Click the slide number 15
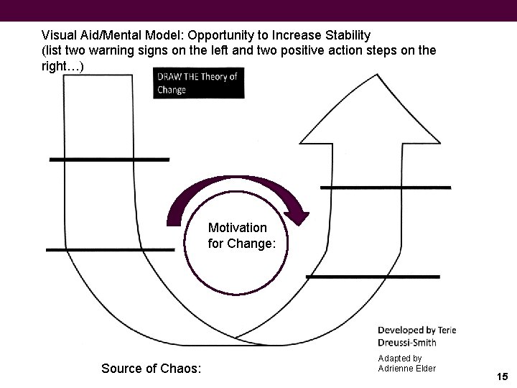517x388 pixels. tap(502, 377)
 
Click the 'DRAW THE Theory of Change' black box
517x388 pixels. tap(199, 83)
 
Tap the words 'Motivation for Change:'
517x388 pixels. tap(242, 236)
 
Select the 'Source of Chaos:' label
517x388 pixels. tap(152, 369)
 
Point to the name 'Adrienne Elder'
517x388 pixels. tap(406, 369)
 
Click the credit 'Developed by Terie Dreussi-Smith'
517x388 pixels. tap(417, 336)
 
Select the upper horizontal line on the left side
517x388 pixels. tap(89, 159)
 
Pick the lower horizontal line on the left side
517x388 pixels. tap(110, 249)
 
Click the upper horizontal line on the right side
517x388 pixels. tap(385, 188)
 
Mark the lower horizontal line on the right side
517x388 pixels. tap(372, 276)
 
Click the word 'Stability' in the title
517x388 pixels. tap(348, 34)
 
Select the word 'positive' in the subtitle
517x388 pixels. tap(315, 50)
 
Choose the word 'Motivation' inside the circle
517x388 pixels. tap(238, 228)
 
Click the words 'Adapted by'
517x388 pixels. tap(399, 358)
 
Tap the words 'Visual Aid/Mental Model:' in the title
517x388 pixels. tap(109, 34)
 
